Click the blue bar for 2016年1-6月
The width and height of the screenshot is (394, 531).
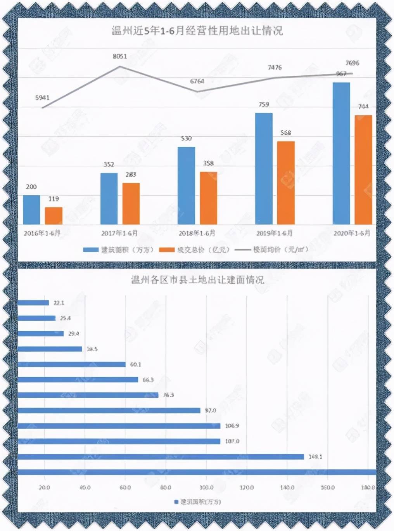31,210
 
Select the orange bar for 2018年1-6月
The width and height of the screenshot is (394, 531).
209,198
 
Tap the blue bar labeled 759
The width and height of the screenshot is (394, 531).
264,168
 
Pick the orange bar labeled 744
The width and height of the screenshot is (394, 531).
363,170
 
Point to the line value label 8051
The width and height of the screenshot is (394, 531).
120,56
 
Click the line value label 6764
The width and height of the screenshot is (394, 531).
197,81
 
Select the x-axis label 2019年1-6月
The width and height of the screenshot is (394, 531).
274,233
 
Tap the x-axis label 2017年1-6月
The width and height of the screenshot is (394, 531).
119,233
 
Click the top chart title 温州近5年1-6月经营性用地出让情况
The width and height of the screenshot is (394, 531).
197,31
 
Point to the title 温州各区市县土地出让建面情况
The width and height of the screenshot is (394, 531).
197,279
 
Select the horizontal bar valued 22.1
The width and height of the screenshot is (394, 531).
33,303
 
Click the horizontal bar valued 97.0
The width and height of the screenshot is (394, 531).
109,410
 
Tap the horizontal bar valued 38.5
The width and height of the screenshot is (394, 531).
50,349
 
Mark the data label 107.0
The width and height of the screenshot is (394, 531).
232,441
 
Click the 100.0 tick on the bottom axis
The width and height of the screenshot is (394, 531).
206,488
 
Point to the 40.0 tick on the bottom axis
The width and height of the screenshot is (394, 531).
85,488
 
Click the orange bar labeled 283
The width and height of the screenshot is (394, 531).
131,203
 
